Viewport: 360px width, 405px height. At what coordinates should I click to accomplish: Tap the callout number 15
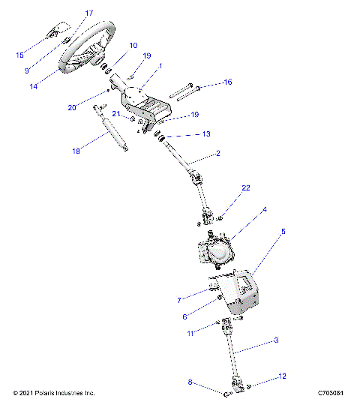(x=20, y=55)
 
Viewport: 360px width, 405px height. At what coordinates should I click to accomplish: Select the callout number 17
(x=89, y=13)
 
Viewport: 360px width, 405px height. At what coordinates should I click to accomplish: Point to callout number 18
(x=76, y=151)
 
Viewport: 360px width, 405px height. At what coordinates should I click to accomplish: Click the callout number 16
(x=228, y=81)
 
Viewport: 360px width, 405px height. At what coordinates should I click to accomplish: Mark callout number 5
(x=283, y=232)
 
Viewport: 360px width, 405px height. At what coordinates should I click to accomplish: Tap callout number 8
(x=190, y=382)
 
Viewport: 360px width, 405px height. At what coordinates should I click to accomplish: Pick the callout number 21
(x=116, y=113)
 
